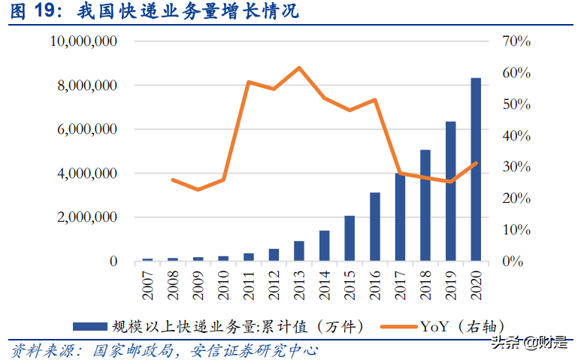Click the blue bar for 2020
[477, 170]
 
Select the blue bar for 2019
[451, 192]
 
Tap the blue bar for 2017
[401, 217]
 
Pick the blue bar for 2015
[350, 238]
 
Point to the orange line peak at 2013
[299, 68]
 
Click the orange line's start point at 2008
[173, 180]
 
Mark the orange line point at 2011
[249, 82]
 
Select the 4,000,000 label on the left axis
[86, 174]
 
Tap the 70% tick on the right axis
[516, 42]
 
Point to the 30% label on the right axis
[516, 167]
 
